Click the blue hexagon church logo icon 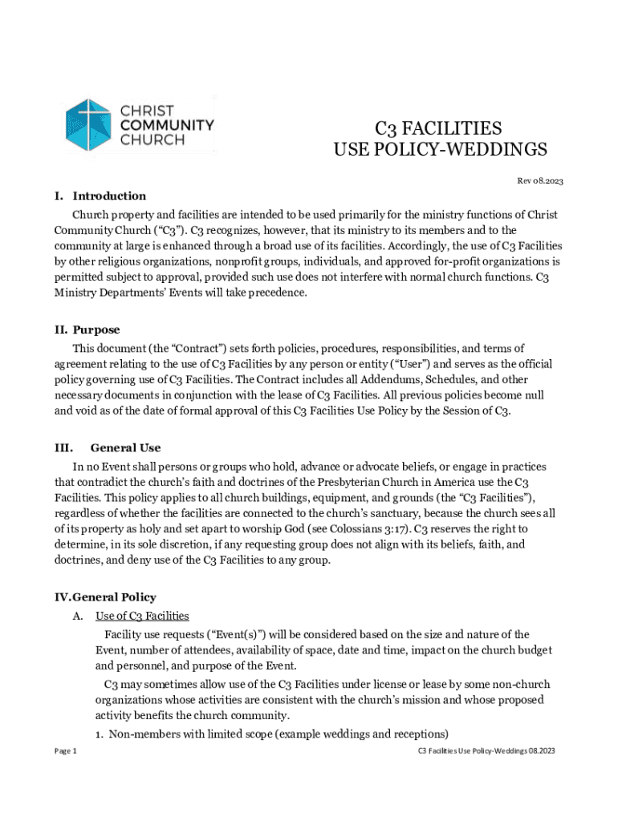[88, 124]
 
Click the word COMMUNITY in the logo [167, 125]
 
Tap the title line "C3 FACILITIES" [439, 129]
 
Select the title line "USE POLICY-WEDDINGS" [440, 150]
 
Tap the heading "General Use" [125, 448]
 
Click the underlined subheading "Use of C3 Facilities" [142, 616]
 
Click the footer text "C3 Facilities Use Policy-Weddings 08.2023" [486, 751]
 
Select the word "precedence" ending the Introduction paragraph [274, 293]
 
